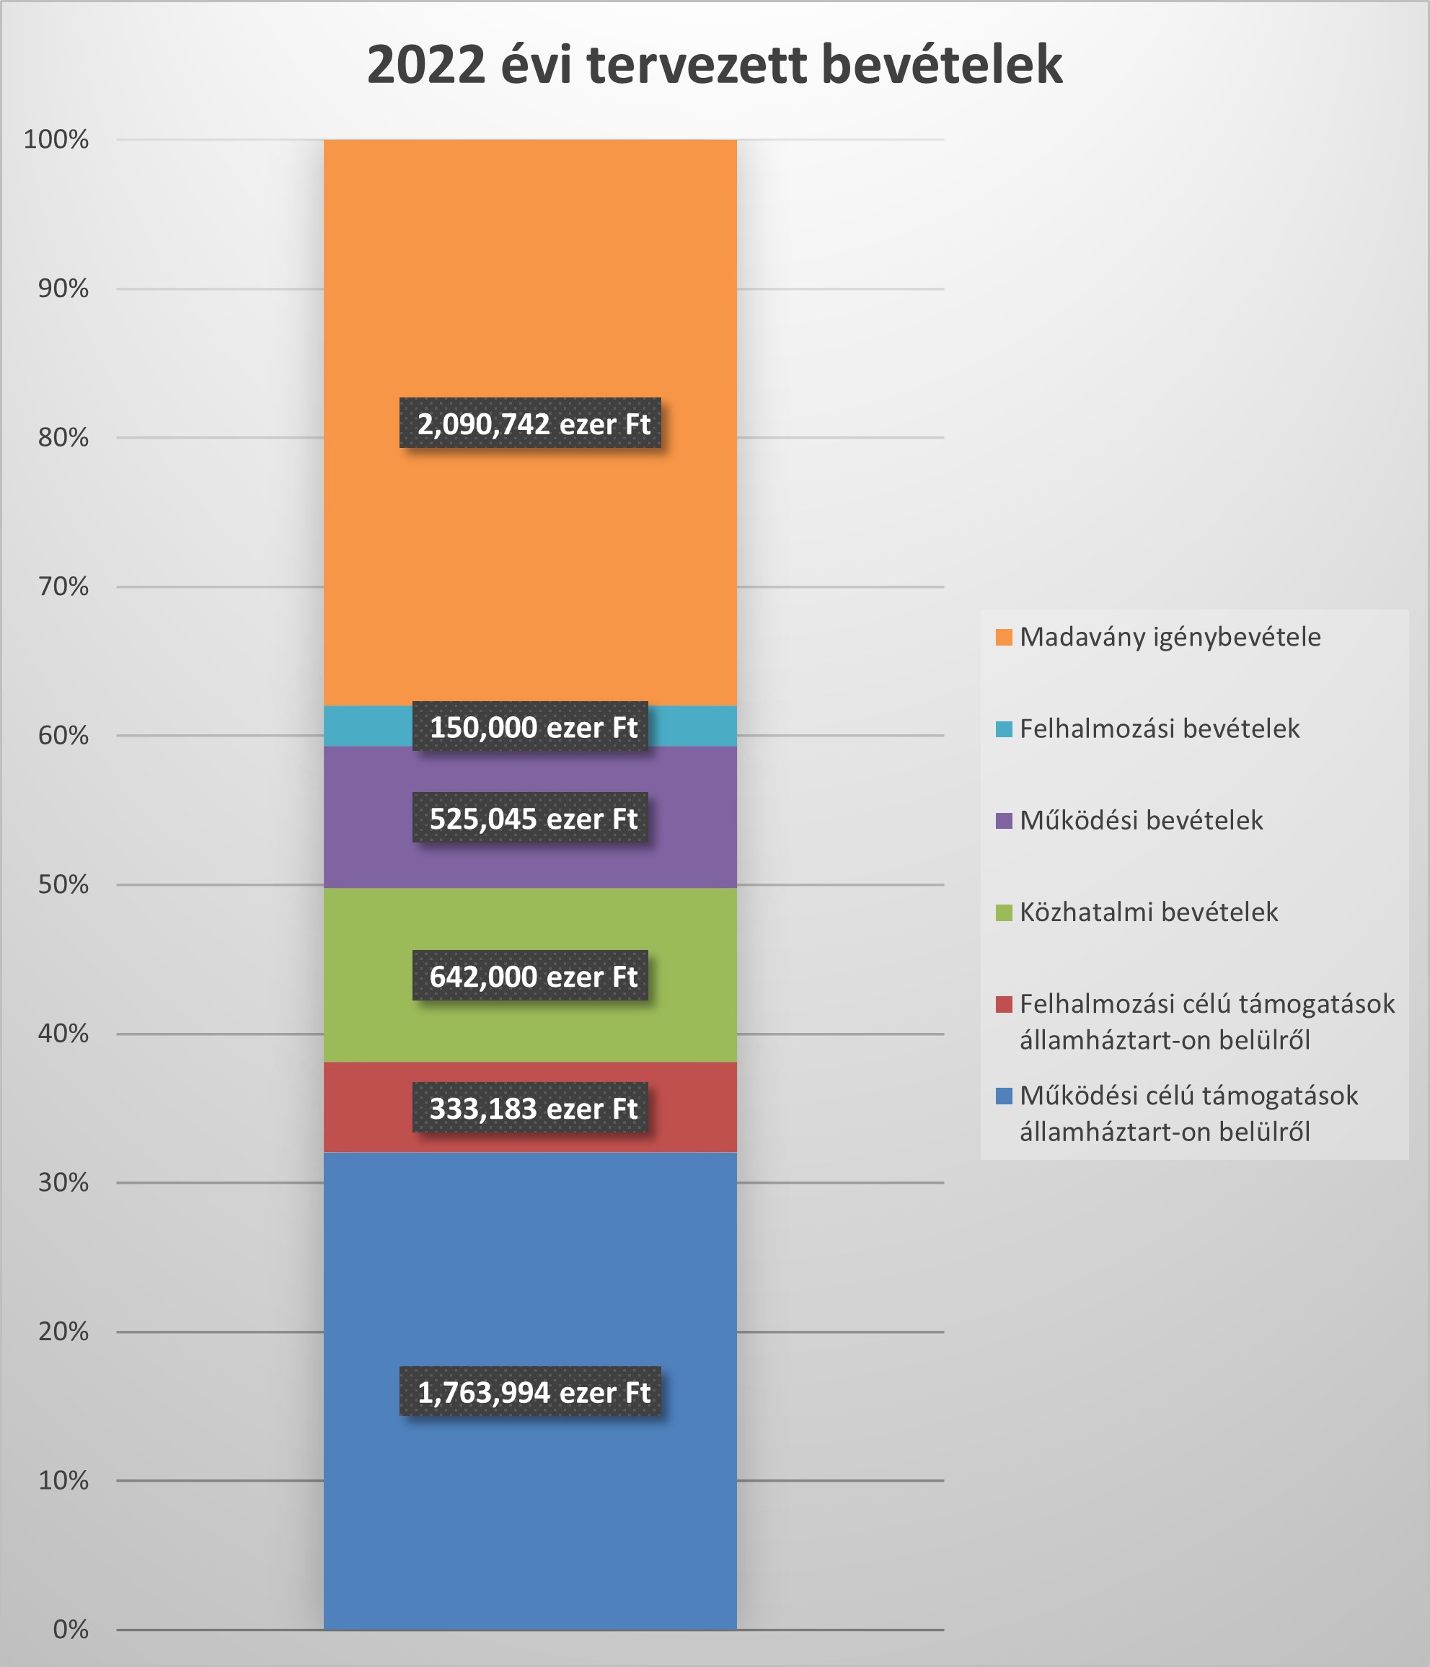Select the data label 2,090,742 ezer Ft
coord(531,423)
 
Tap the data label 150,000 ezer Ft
coord(531,726)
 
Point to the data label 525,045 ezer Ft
coord(531,818)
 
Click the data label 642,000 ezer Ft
coord(531,976)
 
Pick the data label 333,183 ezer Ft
coord(531,1108)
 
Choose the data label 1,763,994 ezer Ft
coord(531,1392)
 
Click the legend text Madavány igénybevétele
coord(1170,636)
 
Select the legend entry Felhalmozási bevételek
coord(1159,728)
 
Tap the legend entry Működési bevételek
coord(1140,820)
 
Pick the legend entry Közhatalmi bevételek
coord(1149,912)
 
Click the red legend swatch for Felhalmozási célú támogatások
coord(1004,1004)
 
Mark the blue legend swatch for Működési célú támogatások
coord(1004,1096)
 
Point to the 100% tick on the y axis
coord(56,140)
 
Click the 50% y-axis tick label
coord(63,884)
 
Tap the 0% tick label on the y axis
coord(70,1629)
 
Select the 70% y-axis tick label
coord(63,586)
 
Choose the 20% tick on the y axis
coord(63,1332)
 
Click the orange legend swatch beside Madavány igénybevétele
coord(1004,637)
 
